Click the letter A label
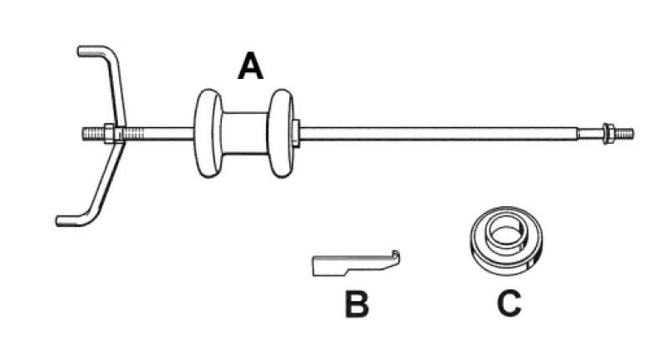tap(250, 65)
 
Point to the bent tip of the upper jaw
tap(84, 52)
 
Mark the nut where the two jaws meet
tap(108, 133)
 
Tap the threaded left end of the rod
tap(90, 133)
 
